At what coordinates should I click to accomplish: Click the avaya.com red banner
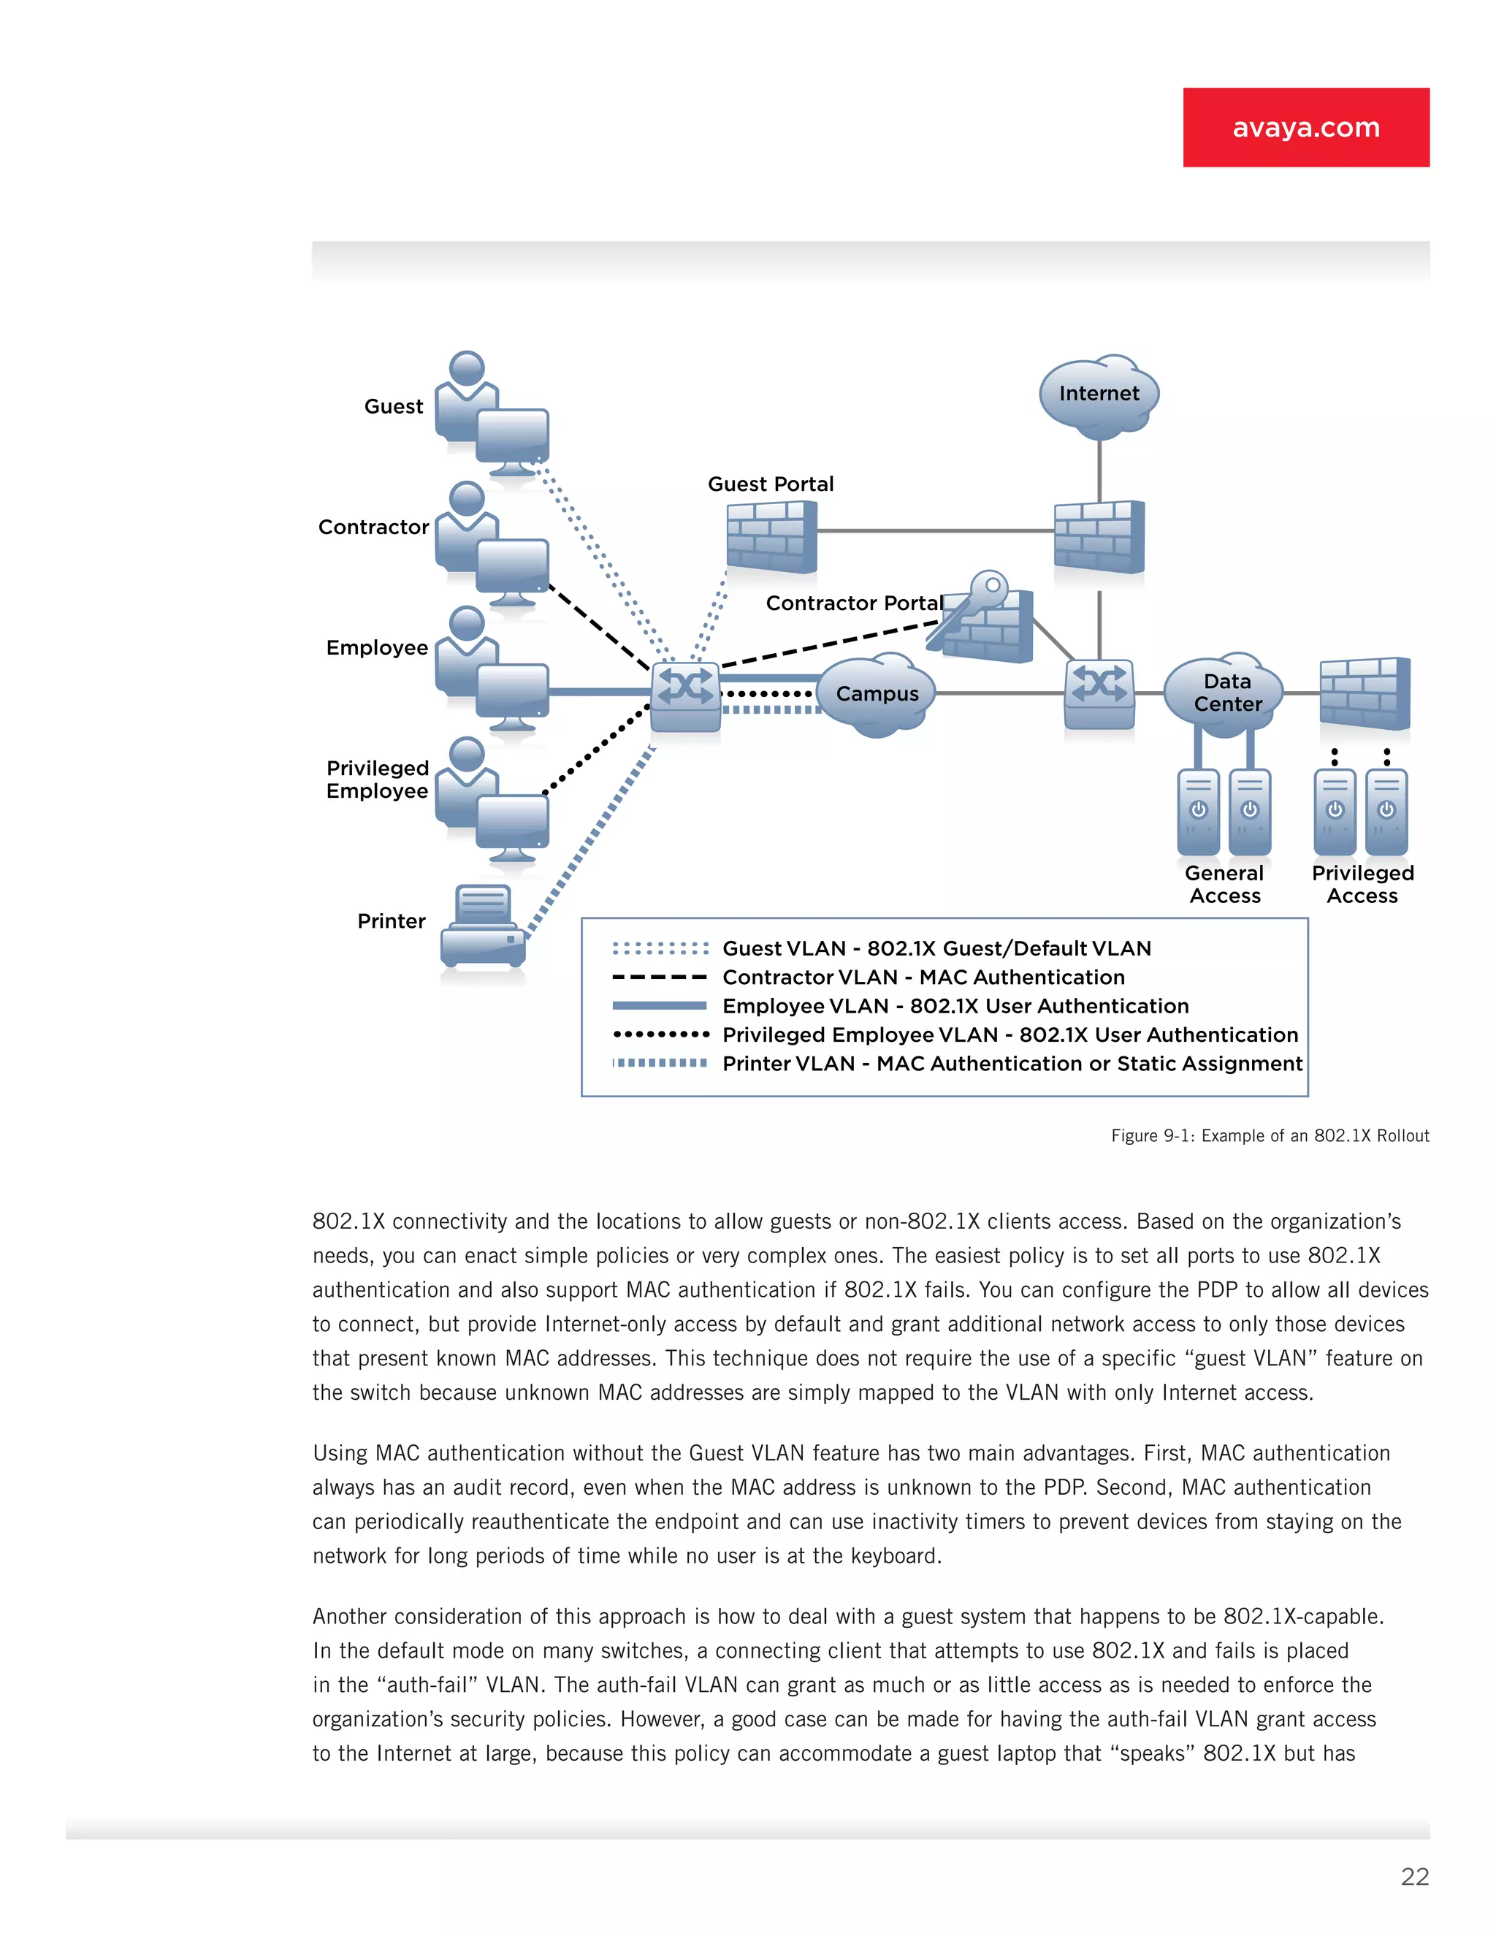pos(1305,127)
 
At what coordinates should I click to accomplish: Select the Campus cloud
pos(876,694)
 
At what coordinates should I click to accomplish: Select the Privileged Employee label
pos(378,780)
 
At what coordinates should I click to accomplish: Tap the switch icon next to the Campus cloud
pos(685,695)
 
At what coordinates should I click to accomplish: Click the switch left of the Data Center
pos(1099,693)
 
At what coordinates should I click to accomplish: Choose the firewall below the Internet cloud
pos(1099,536)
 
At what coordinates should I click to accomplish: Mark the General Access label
pos(1225,884)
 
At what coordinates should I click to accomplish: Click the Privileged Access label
pos(1362,884)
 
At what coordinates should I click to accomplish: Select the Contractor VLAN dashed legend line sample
pos(660,977)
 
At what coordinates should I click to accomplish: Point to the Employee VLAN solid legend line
pos(660,1006)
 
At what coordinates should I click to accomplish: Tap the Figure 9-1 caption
pos(1269,1135)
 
